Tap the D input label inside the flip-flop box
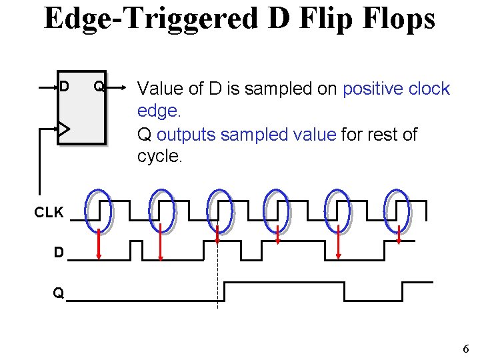pyautogui.click(x=64, y=87)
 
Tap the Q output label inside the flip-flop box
pyautogui.click(x=98, y=87)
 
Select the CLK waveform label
pyautogui.click(x=49, y=213)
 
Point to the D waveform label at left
pyautogui.click(x=59, y=253)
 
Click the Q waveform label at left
pyautogui.click(x=59, y=293)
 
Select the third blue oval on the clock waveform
pyautogui.click(x=219, y=209)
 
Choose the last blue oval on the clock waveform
pyautogui.click(x=398, y=209)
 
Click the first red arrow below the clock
pyautogui.click(x=99, y=243)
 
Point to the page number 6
pyautogui.click(x=465, y=349)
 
